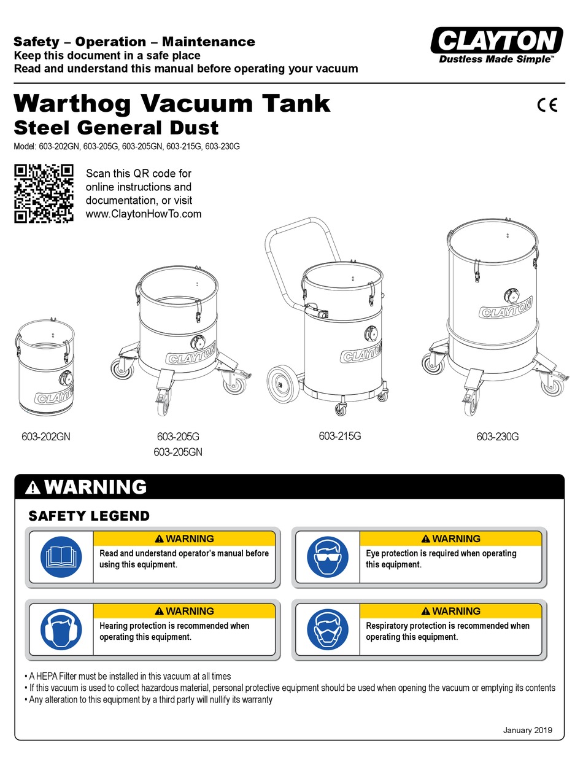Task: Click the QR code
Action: (44, 193)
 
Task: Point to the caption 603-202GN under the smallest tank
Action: (46, 437)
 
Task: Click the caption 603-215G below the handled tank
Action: (339, 436)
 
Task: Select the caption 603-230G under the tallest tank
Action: (497, 437)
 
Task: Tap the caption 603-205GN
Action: (178, 452)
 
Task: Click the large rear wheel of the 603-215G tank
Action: (282, 384)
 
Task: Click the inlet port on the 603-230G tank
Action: (511, 295)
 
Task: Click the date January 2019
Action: (527, 730)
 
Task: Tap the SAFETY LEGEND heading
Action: (89, 516)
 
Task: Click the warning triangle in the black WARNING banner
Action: (34, 488)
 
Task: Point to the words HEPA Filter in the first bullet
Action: (55, 676)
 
